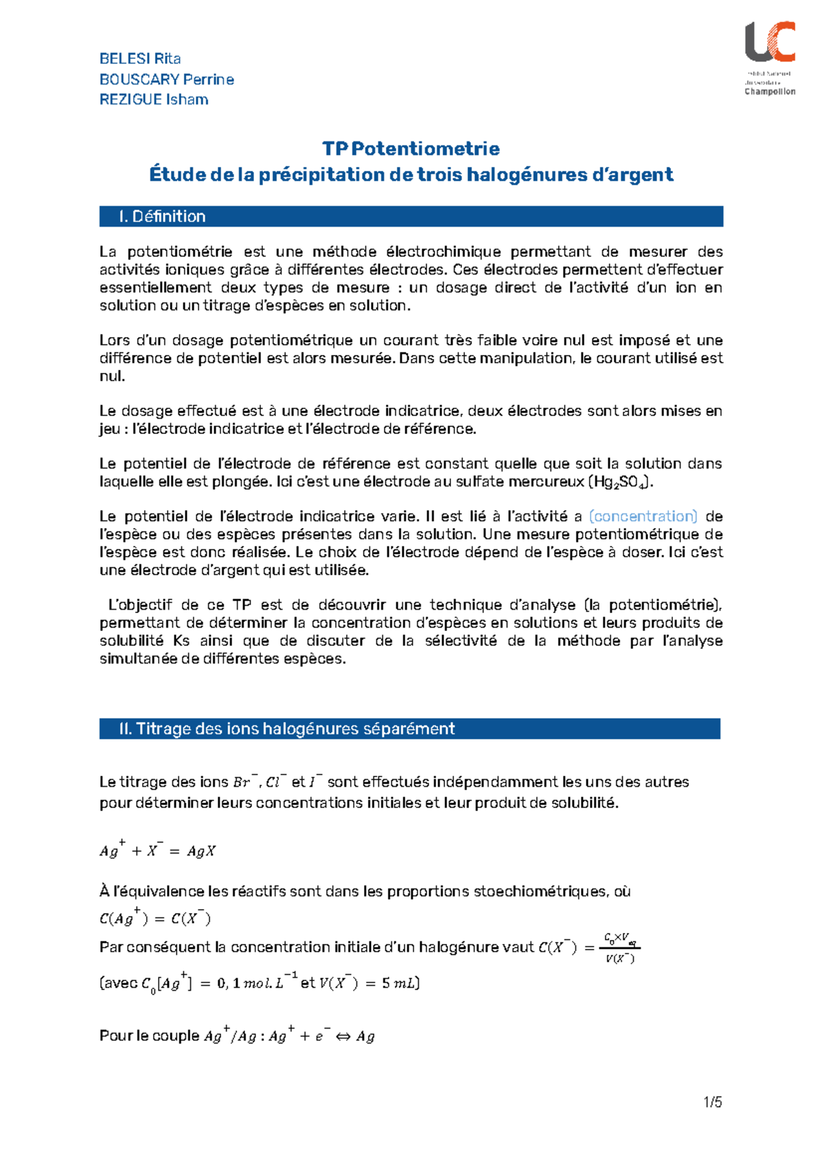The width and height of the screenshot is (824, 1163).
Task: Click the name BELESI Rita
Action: [x=140, y=58]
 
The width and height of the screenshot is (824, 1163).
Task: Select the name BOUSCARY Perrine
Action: [x=167, y=79]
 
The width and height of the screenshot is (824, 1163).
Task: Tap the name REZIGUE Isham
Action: [x=154, y=100]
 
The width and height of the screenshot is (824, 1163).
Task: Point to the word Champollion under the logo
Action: [x=770, y=91]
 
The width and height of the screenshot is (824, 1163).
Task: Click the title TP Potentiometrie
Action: [x=411, y=148]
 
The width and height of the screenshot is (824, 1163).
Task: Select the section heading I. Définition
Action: [x=162, y=216]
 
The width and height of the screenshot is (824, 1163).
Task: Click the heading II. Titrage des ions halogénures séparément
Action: [x=287, y=728]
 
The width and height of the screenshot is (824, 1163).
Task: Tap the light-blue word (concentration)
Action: [x=643, y=516]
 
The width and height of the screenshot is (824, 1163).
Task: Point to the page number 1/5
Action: [x=713, y=1103]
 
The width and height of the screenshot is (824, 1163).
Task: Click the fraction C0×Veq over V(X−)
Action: [x=620, y=947]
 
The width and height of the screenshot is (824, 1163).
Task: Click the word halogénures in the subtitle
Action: [x=526, y=174]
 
